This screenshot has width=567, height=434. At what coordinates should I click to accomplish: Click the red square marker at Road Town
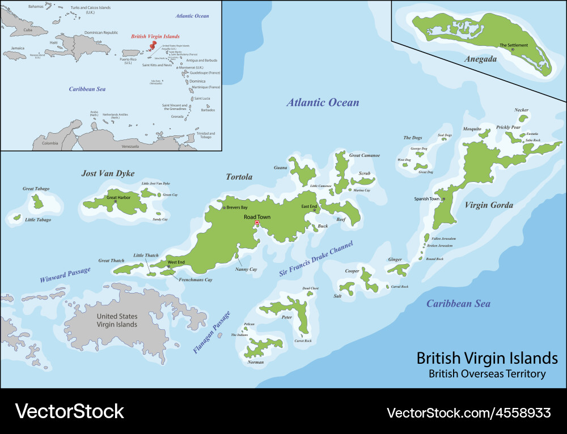(257, 223)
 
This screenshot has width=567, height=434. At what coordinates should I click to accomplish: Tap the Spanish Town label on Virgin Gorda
(426, 199)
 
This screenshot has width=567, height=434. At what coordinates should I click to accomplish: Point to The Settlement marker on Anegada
(513, 50)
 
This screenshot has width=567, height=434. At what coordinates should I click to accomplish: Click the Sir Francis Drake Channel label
(316, 259)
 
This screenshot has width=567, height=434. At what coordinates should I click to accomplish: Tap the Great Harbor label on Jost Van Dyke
(119, 197)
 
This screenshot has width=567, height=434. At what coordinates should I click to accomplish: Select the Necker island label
(521, 110)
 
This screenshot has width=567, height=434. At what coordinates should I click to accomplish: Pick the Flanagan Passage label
(211, 333)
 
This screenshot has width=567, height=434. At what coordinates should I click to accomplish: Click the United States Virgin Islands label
(117, 320)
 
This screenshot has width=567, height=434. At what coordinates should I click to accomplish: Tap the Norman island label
(256, 362)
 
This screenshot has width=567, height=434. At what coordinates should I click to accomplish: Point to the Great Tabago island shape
(38, 201)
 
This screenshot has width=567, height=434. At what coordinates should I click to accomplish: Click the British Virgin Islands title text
(487, 359)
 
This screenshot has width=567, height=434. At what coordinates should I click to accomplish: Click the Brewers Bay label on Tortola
(236, 208)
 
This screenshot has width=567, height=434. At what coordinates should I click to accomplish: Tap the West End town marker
(168, 267)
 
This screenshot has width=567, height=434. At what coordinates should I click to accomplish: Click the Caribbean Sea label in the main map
(458, 304)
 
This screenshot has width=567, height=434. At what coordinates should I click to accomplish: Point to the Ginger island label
(395, 259)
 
